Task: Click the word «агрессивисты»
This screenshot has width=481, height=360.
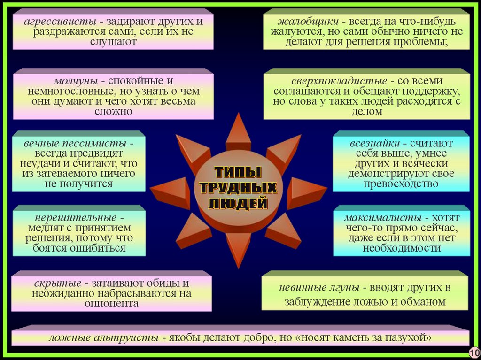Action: point(56,22)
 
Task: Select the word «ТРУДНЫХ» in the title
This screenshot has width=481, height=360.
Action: point(238,188)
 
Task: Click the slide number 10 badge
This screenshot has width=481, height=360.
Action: point(473,352)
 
